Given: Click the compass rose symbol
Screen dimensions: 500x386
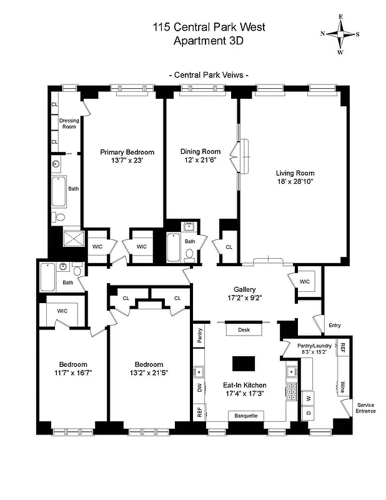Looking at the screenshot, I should (x=340, y=34).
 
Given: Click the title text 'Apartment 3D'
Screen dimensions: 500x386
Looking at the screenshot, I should (x=209, y=41).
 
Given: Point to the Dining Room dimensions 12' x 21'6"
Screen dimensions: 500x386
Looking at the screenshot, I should (x=200, y=161).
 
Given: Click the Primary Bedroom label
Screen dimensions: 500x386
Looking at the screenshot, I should (x=127, y=152).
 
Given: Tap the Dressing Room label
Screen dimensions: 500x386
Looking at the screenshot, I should (x=67, y=123).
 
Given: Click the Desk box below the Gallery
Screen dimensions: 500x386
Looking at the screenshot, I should (x=244, y=329).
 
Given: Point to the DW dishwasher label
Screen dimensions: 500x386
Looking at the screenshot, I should (x=199, y=388).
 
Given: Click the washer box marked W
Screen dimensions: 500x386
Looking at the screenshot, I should (x=308, y=397).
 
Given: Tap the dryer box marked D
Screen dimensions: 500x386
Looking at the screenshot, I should (x=308, y=414).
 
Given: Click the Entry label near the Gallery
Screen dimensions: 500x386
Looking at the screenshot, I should (x=335, y=325).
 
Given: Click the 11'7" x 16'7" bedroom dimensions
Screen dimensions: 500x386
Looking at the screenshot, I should (x=73, y=373).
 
